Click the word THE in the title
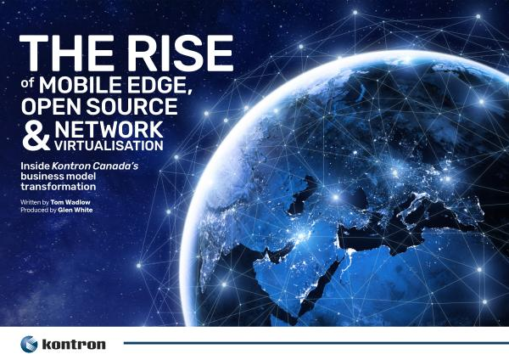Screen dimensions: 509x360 (x=67, y=53)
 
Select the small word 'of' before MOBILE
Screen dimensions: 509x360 (x=28, y=83)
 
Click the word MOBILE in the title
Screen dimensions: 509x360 (x=81, y=84)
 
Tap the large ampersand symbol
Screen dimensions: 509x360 (x=36, y=136)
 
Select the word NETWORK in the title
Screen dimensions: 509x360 (x=109, y=130)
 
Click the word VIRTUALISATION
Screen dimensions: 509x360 (x=109, y=145)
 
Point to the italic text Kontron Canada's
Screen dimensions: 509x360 (x=95, y=166)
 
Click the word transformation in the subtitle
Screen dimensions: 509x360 (x=59, y=187)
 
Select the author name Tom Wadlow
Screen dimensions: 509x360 (x=70, y=202)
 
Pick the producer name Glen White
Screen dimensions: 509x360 (x=76, y=210)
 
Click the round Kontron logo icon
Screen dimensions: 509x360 (x=29, y=344)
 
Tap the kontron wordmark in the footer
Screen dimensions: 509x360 (x=74, y=345)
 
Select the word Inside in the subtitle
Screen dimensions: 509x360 (x=35, y=166)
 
